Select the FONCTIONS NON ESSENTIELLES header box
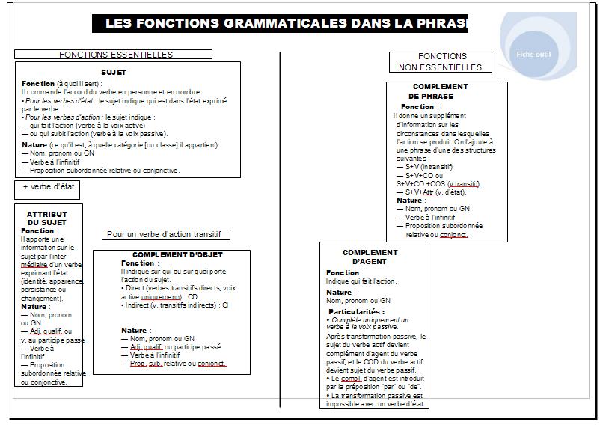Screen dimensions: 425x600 point(441,62)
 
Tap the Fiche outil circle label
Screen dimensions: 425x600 point(533,54)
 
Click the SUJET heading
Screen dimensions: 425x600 point(114,73)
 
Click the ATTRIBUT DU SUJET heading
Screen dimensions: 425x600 point(47,218)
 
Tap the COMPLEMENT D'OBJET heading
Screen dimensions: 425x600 point(177,255)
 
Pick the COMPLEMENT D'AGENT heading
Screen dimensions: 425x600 point(370,257)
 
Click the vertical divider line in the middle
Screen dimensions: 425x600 point(281,224)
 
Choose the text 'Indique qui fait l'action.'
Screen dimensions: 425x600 point(361,281)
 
